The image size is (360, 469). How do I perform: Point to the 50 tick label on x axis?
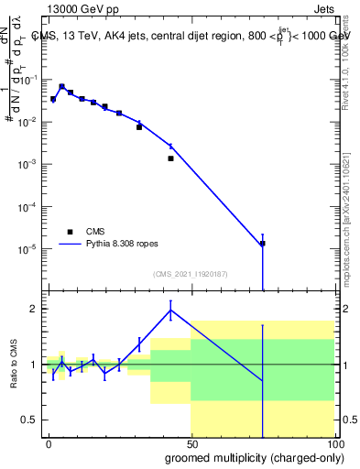(191, 443)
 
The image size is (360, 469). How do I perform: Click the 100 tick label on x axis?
(334, 443)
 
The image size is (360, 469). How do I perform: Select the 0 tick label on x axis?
(49, 443)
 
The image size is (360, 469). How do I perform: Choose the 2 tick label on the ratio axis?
(32, 309)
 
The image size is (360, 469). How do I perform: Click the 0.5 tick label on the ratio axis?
(28, 420)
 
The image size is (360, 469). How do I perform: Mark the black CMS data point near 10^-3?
(170, 158)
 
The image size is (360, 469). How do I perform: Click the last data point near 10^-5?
(263, 244)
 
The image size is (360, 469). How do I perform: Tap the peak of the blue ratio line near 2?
(170, 310)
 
